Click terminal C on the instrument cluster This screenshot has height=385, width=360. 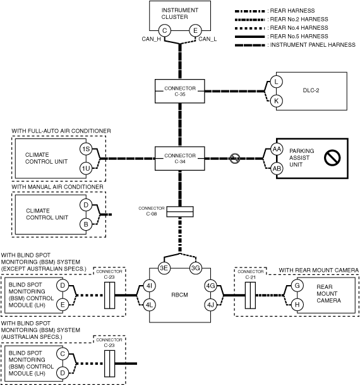(x=165, y=31)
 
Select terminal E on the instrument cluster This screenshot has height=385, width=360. (x=195, y=31)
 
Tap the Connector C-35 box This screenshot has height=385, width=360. (x=180, y=91)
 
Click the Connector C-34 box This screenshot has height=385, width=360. (x=180, y=159)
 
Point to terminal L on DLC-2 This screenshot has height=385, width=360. (x=277, y=82)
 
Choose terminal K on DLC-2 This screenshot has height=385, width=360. (x=277, y=101)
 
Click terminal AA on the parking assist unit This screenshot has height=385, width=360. (x=277, y=149)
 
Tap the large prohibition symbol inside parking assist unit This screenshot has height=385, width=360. (x=332, y=158)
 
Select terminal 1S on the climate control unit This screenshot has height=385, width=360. (x=86, y=149)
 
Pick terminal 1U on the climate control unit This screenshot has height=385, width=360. (x=86, y=168)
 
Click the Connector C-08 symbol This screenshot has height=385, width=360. (x=180, y=212)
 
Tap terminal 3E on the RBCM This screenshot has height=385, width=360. (x=164, y=268)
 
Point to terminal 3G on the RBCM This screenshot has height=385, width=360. (x=195, y=268)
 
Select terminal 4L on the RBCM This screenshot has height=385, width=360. (x=149, y=305)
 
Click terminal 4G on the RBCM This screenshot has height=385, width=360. (x=211, y=286)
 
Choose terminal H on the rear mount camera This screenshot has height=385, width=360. (x=297, y=305)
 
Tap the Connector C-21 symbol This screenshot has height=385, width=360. (x=250, y=295)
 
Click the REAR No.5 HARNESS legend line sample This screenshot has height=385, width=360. (x=249, y=37)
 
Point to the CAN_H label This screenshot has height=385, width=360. (x=152, y=39)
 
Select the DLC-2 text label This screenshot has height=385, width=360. (x=311, y=90)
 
